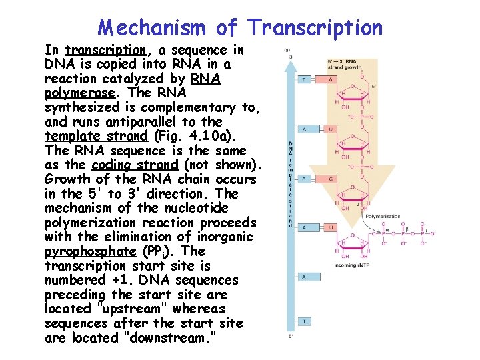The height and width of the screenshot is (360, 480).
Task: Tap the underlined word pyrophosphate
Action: coord(90,251)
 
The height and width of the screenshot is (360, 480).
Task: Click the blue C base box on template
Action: coord(304,179)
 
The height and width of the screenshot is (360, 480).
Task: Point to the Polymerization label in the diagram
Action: coord(383,217)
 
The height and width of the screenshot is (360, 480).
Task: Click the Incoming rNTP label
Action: coord(351,265)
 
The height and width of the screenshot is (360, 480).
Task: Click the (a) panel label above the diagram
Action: coord(287,50)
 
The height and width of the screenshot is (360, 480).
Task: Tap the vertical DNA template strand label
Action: coord(291,184)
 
